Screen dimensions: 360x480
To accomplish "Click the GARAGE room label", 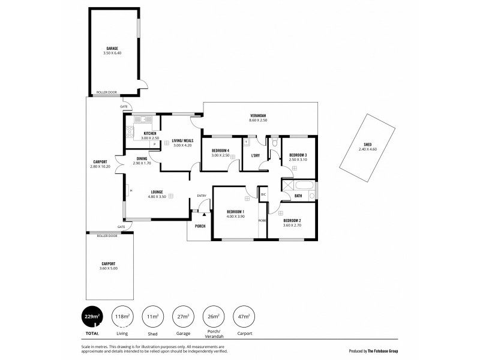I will [112, 48].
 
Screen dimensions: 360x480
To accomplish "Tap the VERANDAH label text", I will [257, 116].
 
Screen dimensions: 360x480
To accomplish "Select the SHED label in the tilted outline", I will [367, 144].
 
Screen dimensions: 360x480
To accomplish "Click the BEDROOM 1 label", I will [235, 211].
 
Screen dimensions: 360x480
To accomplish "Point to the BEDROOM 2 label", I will [292, 220].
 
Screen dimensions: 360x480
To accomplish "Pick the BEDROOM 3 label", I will [298, 155].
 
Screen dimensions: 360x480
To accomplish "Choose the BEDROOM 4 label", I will [220, 151].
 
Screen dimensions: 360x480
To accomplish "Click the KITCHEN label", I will [149, 133].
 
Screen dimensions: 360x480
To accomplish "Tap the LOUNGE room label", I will [157, 192].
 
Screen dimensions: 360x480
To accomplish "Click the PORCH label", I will [200, 226].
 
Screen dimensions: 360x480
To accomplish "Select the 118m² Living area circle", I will [123, 317].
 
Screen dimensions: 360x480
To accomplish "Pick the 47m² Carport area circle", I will [243, 317].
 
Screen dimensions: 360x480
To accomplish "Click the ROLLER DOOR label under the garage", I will [107, 92].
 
